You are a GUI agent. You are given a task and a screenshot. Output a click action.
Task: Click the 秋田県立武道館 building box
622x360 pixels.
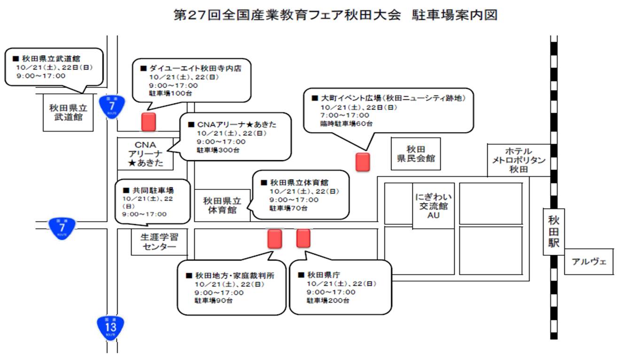pyautogui.click(x=68, y=112)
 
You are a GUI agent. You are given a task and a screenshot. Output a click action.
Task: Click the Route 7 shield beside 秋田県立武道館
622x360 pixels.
pyautogui.click(x=112, y=107)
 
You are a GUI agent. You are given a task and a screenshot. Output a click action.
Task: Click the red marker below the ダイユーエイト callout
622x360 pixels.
pyautogui.click(x=148, y=122)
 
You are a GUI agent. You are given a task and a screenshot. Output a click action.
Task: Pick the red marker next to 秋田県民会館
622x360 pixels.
pyautogui.click(x=362, y=162)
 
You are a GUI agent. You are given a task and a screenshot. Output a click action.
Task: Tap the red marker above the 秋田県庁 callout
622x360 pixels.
pyautogui.click(x=303, y=238)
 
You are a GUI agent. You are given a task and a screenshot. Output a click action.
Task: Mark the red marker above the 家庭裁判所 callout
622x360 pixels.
pyautogui.click(x=274, y=238)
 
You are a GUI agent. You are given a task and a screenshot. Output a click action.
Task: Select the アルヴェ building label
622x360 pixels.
pyautogui.click(x=589, y=261)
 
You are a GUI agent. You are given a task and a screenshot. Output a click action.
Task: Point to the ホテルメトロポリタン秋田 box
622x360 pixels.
pyautogui.click(x=519, y=160)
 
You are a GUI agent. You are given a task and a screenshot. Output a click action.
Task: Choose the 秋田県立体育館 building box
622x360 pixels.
pyautogui.click(x=222, y=205)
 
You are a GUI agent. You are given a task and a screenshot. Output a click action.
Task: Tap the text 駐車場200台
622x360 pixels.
pyautogui.click(x=328, y=300)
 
